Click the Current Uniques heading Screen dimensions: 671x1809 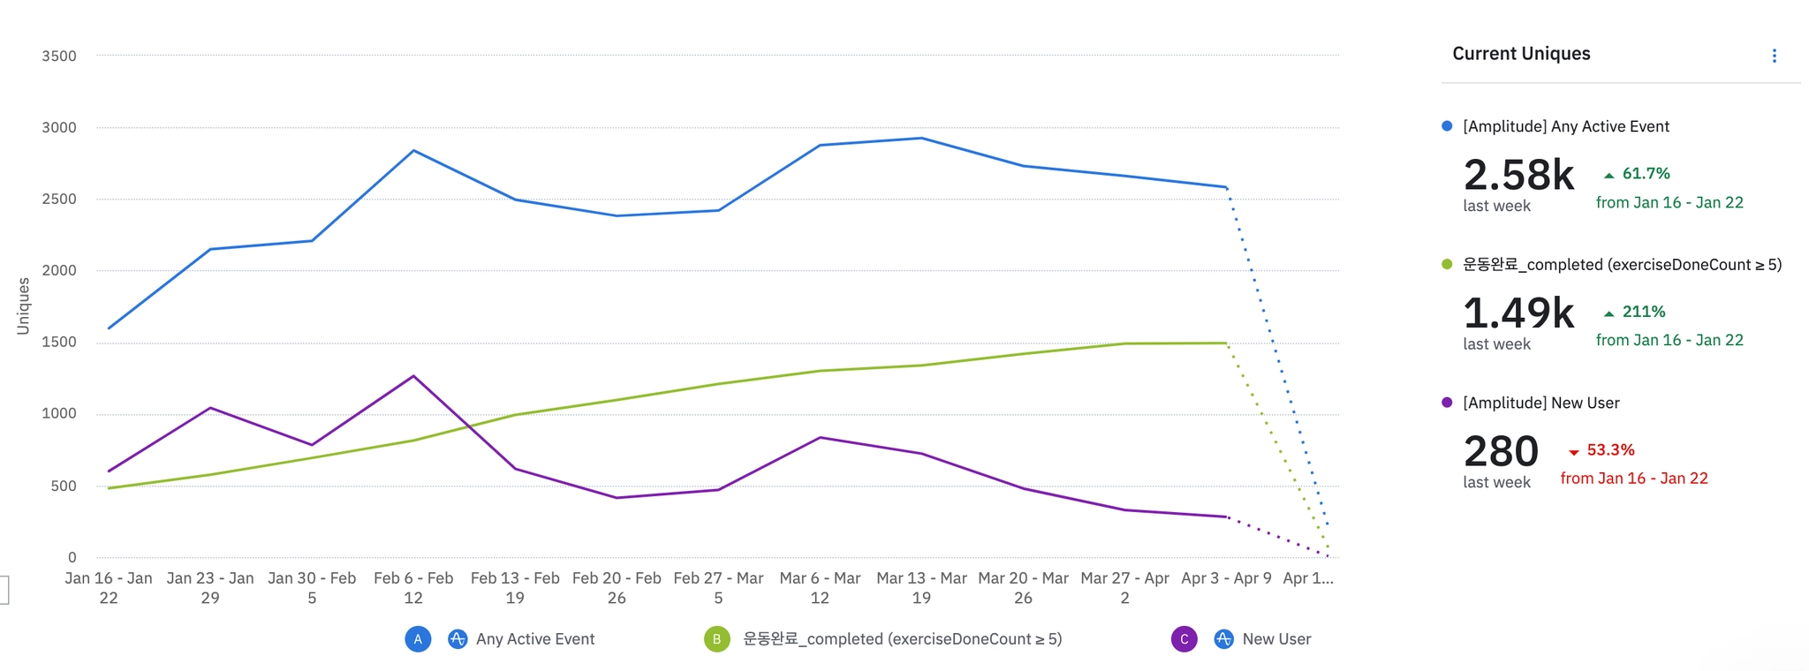point(1521,54)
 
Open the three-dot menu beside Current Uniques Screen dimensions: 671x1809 point(1774,56)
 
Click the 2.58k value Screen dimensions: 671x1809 point(1518,175)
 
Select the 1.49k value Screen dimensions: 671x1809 point(1518,313)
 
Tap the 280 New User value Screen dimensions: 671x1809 point(1501,451)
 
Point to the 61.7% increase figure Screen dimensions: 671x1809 point(1646,174)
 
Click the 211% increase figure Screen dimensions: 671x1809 point(1643,312)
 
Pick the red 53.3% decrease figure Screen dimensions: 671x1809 point(1610,450)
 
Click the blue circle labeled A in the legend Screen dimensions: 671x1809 point(418,639)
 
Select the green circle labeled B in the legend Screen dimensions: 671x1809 point(716,639)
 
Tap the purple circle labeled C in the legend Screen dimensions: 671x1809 point(1184,639)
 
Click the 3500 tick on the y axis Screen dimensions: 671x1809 point(59,56)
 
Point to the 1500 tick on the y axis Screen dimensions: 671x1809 point(59,343)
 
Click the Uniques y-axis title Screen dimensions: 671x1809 point(23,306)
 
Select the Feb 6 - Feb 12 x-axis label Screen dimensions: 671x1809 point(413,588)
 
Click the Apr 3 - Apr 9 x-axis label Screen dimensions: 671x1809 point(1226,579)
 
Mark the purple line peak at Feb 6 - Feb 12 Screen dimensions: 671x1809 point(413,376)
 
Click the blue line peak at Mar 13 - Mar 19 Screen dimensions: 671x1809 point(921,138)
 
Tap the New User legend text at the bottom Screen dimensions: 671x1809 point(1276,639)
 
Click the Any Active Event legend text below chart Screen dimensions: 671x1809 point(535,639)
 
